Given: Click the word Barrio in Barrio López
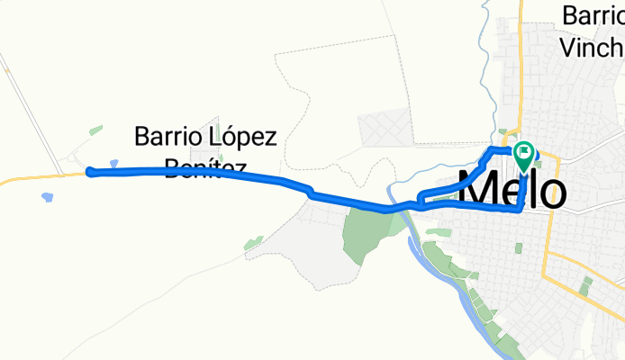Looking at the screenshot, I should point(167,138).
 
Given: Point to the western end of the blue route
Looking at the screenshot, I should point(89,172).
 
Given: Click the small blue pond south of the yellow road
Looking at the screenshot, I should point(46,195).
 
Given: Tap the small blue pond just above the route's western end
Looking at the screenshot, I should point(113,164).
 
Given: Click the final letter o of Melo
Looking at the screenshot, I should point(552,192).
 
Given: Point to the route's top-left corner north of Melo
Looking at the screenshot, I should point(491,148).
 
